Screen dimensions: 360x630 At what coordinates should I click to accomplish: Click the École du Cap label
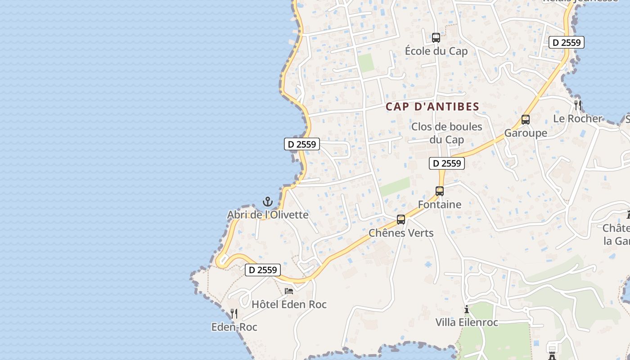[436, 51]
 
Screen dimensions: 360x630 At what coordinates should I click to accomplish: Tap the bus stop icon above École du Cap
[436, 37]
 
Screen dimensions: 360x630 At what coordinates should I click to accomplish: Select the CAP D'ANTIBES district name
[432, 107]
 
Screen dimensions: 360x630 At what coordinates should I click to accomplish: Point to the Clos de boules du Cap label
[446, 133]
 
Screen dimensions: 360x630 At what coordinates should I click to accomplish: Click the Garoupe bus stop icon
[525, 120]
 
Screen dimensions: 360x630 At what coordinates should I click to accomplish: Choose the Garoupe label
[525, 133]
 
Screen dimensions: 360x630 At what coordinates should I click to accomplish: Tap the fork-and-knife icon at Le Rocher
[578, 105]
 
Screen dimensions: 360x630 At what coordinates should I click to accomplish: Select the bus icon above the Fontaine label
[440, 191]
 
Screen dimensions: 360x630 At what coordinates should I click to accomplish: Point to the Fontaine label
[440, 205]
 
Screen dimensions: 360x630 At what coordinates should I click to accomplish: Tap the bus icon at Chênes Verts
[400, 220]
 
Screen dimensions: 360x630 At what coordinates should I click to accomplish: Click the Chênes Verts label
[401, 233]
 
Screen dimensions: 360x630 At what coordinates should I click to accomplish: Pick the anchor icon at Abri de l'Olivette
[268, 201]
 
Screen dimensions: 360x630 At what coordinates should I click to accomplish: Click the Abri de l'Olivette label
[268, 215]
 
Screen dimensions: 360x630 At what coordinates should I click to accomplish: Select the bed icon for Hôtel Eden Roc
[289, 291]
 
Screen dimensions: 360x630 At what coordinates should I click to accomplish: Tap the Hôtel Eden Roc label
[289, 305]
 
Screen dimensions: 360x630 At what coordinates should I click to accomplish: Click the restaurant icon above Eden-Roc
[234, 313]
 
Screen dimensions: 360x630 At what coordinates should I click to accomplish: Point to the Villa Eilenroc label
[467, 323]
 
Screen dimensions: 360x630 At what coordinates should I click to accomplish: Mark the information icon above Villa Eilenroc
[467, 310]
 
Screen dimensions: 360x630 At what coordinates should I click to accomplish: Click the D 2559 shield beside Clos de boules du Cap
[446, 163]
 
